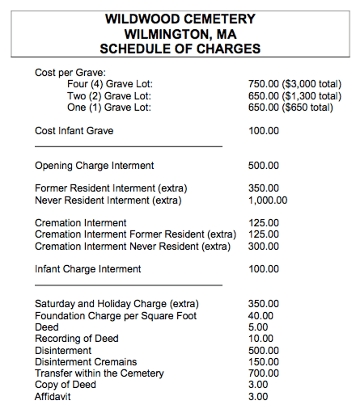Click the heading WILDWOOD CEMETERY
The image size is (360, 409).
180,19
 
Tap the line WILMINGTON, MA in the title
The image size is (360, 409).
180,34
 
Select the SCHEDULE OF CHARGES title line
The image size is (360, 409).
180,49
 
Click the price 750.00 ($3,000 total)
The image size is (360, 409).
294,84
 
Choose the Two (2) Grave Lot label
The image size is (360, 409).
109,96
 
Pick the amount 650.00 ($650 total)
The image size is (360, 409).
290,108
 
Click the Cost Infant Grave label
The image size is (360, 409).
74,131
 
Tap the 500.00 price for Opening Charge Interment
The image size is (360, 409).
264,166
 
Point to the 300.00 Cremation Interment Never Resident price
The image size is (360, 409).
264,247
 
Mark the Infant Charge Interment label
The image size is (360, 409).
88,269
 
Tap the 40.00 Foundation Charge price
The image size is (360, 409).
261,316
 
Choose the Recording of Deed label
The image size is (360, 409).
77,339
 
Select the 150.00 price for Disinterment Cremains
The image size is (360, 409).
264,362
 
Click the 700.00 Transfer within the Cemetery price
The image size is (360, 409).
264,373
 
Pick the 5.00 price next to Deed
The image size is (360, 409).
259,327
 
